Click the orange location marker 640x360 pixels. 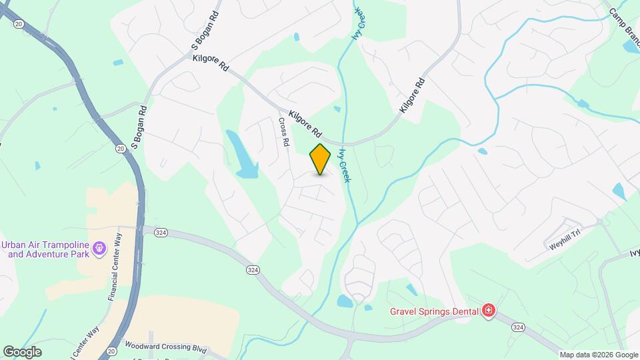point(320,159)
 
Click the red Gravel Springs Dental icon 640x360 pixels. point(489,311)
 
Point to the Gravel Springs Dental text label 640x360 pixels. point(434,311)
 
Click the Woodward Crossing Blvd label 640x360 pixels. point(166,347)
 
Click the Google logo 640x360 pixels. point(22,351)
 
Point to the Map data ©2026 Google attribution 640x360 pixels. point(598,355)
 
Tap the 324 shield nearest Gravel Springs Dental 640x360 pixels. point(518,327)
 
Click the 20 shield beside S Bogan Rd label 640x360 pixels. point(119,147)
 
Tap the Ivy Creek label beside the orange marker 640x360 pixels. point(344,166)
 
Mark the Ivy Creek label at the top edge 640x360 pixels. point(359,23)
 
